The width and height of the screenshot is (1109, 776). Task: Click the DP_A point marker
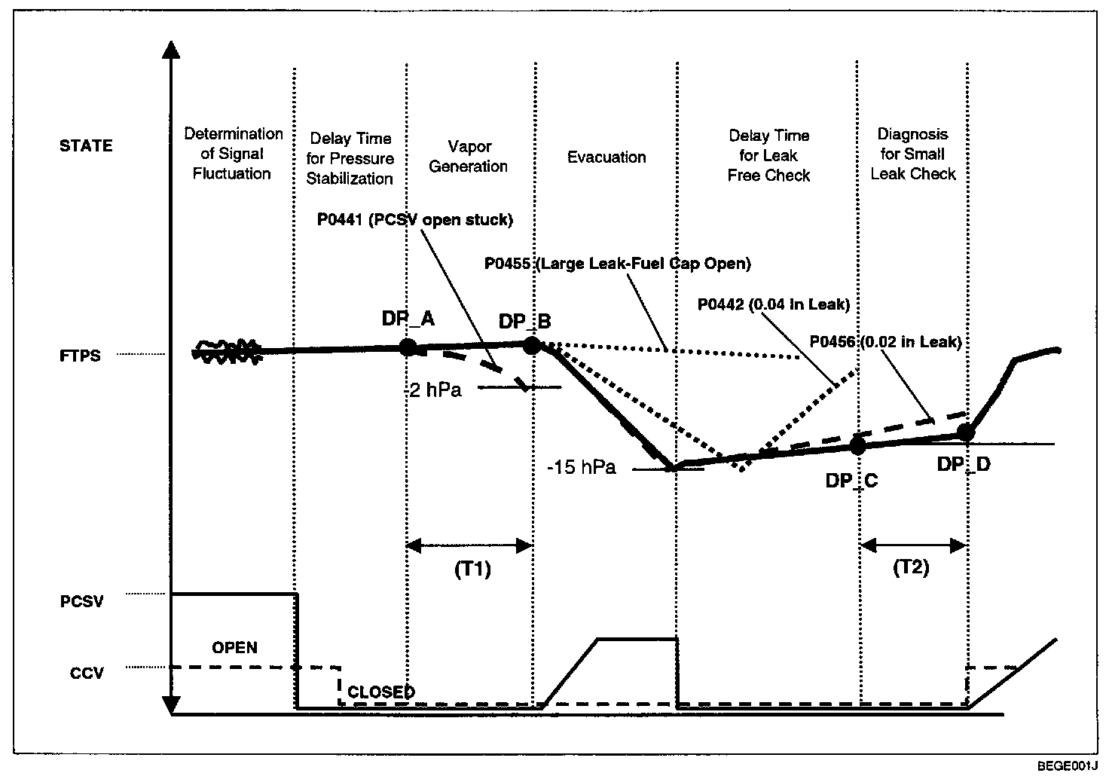(408, 347)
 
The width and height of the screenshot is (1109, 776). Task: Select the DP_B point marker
(532, 345)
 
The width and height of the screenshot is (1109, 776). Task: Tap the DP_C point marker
(857, 445)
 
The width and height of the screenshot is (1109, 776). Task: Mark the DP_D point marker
(966, 432)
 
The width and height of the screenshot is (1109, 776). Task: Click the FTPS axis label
(80, 356)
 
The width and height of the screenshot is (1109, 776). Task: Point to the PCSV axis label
(81, 602)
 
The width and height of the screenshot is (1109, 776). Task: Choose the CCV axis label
(87, 673)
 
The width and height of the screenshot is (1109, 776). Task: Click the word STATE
(86, 146)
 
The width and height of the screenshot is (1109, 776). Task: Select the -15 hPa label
(582, 468)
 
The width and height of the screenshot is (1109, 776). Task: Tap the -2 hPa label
(432, 391)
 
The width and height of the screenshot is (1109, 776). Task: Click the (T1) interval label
(472, 570)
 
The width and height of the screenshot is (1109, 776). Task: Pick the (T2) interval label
(911, 567)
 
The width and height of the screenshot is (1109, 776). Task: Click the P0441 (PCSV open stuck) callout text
(414, 220)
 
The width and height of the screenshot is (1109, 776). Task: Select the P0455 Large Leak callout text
(618, 264)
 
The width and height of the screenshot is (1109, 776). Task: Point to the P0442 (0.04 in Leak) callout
(774, 304)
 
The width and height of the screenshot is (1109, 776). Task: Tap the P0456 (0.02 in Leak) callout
(885, 342)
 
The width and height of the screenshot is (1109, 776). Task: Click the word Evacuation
(606, 157)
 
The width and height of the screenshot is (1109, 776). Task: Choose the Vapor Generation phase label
(469, 157)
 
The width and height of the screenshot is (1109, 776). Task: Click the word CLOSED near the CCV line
(381, 692)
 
